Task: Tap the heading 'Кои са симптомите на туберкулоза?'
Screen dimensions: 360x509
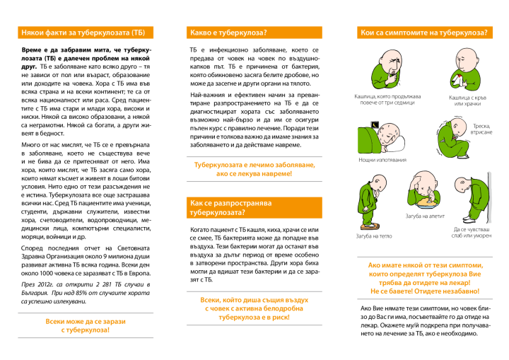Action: coord(424,33)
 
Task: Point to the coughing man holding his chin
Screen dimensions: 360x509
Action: coord(387,69)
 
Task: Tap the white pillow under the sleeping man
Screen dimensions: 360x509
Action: coord(397,144)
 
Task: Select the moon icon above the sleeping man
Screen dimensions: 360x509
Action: coord(375,124)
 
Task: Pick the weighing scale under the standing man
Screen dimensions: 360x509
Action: coord(370,226)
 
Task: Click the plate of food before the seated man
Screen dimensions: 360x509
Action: coord(426,204)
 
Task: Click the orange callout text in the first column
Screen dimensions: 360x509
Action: coord(86,325)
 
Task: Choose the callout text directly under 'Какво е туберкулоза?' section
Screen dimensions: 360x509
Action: coord(254,169)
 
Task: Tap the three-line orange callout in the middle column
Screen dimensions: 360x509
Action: coord(254,308)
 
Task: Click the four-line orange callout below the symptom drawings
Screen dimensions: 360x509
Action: coord(425,278)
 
